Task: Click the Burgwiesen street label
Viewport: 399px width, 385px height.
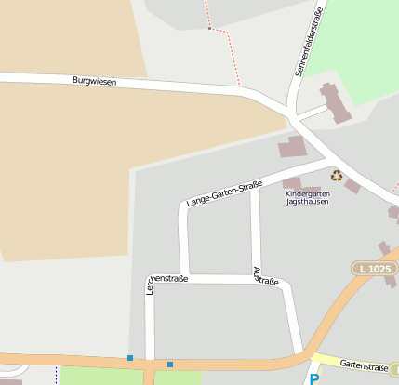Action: [x=94, y=82]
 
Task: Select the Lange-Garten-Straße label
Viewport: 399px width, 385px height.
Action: [x=223, y=193]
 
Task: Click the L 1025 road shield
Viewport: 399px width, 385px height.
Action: [x=372, y=269]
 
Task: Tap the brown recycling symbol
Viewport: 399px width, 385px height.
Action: [x=336, y=175]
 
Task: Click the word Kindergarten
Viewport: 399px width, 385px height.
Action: [x=307, y=193]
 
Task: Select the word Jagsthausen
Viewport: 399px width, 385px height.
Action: [x=307, y=202]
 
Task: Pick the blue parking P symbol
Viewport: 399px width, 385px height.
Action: [x=313, y=378]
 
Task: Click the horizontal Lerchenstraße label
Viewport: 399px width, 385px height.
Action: [x=169, y=278]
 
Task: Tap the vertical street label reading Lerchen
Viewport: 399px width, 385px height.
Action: [x=149, y=290]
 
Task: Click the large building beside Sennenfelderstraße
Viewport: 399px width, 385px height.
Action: [x=333, y=102]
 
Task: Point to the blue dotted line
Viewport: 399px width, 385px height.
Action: [x=56, y=375]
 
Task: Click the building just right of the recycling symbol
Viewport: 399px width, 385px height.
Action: [x=352, y=186]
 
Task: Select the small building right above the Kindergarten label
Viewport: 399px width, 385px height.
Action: [x=292, y=183]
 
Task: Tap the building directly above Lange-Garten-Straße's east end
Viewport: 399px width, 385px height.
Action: [x=292, y=147]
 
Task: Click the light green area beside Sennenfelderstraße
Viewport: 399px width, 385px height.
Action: [x=358, y=46]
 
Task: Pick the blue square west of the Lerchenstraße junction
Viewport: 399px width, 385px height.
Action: [x=130, y=358]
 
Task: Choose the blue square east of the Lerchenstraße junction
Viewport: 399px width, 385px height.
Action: [x=170, y=365]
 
